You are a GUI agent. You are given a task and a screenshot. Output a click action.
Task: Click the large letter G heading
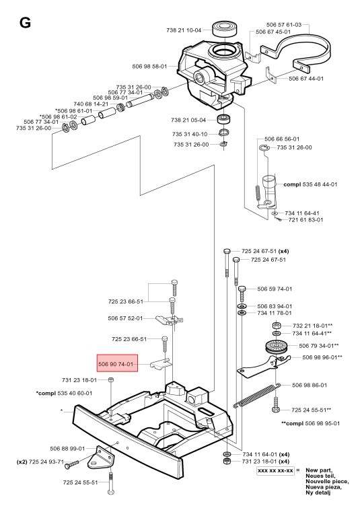point(25,24)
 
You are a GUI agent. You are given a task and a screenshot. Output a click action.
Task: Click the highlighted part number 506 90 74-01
point(118,365)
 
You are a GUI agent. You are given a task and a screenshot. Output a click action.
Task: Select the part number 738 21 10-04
point(186,30)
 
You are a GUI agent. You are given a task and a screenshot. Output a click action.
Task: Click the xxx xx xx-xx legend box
point(275,471)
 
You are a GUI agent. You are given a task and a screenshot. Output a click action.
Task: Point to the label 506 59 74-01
point(275,289)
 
